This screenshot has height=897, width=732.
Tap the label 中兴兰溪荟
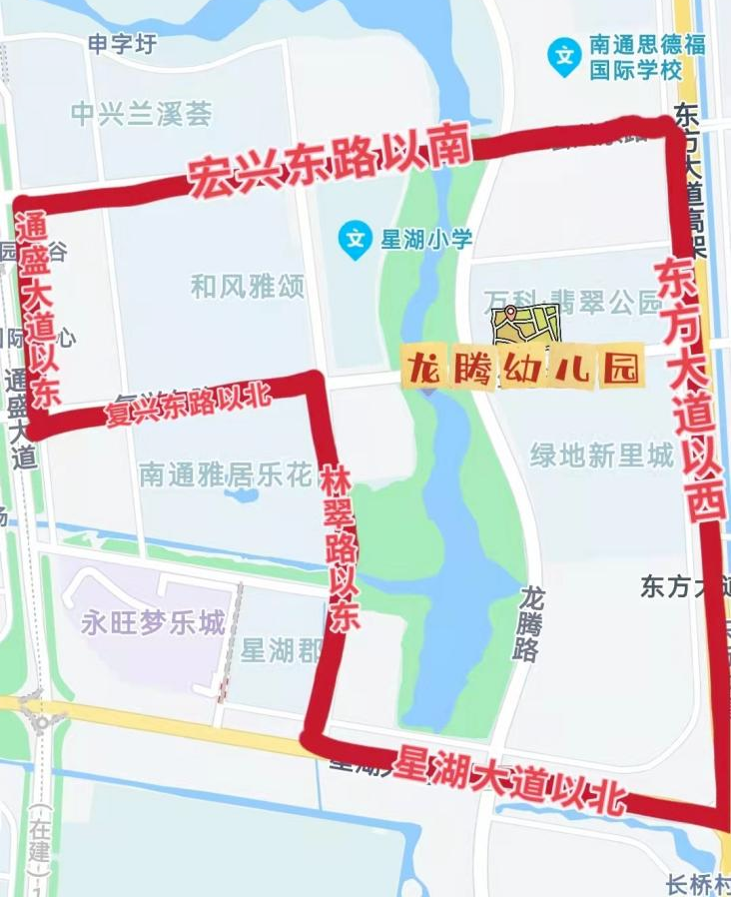142,114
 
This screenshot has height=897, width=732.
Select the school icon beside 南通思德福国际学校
565,56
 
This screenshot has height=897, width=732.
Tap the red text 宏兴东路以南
329,162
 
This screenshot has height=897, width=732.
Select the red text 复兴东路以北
191,401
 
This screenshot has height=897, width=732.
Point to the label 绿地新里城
602,456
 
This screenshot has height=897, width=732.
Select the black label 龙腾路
532,624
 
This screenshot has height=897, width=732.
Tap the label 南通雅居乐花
227,474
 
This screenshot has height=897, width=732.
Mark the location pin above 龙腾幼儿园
511,313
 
